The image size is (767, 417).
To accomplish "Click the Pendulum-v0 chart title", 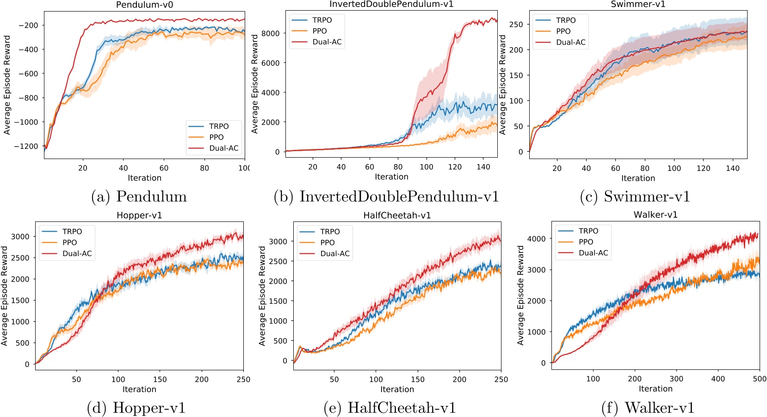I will (x=144, y=5).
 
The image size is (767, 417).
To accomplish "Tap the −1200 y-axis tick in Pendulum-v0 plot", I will (x=26, y=147).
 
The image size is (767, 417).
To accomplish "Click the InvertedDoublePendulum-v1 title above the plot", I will (x=391, y=4).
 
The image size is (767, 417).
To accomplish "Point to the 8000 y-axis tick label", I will (x=271, y=33).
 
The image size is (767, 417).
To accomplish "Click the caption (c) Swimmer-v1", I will (x=635, y=196).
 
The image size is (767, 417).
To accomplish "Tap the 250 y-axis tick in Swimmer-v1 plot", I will (x=516, y=25).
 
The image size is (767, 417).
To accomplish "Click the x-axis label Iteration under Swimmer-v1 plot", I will (x=638, y=178).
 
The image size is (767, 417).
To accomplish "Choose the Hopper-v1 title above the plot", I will (x=139, y=215).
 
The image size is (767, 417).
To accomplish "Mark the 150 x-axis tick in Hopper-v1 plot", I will (x=160, y=380).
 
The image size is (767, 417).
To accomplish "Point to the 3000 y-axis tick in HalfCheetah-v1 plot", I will (x=278, y=241).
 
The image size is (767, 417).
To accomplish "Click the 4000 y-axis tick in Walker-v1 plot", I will (x=537, y=239).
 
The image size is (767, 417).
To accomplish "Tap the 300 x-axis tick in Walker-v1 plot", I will (x=676, y=379).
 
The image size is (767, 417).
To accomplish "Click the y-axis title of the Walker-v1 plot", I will (x=520, y=295).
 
